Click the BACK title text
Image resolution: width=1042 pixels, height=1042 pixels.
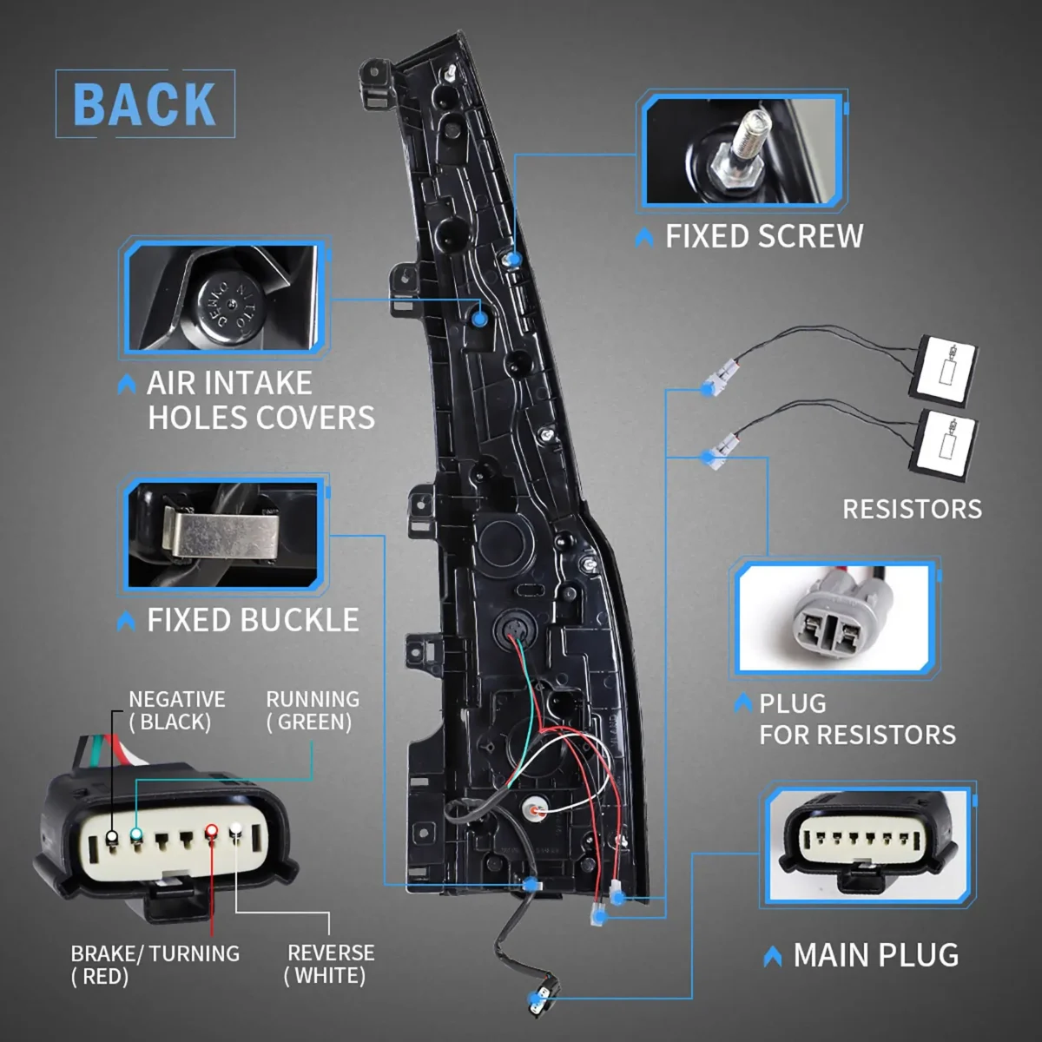coord(144,105)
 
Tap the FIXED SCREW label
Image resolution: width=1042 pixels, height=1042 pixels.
coord(763,236)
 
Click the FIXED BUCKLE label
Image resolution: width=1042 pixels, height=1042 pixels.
coord(252,620)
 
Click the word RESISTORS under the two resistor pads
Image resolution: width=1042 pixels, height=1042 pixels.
coord(912,509)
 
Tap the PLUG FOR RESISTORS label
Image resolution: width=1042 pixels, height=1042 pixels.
coord(856,719)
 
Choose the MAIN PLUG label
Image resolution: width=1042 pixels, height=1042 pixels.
coord(875,955)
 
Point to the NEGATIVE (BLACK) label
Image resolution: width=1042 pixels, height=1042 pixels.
coord(176,710)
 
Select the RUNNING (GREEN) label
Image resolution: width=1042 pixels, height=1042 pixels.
coord(312,710)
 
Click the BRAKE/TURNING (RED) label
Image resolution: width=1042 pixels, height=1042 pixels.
coord(155,964)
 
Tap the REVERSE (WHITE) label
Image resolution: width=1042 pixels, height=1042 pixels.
coord(330,964)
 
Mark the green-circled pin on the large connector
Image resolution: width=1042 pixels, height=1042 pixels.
coord(135,835)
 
